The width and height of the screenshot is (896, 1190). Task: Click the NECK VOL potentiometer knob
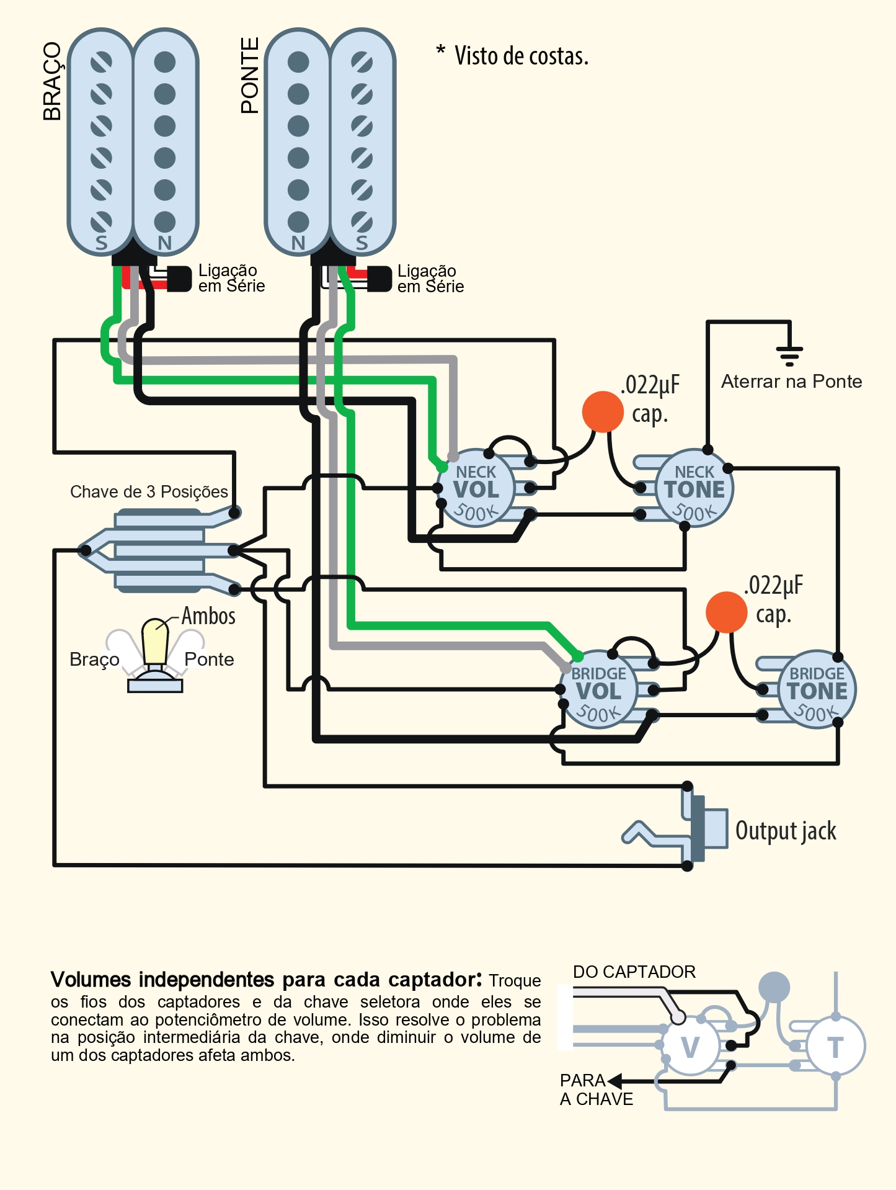point(476,488)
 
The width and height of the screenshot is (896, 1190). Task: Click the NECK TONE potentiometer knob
point(694,488)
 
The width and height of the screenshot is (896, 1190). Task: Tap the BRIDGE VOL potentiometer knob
point(598,689)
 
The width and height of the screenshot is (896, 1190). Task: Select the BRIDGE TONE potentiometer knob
point(817,689)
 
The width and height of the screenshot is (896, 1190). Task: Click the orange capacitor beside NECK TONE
point(603,411)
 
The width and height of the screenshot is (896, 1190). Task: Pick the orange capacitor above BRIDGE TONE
point(726,612)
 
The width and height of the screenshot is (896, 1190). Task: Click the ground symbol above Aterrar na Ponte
point(789,356)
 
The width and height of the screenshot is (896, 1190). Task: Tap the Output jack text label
point(786,831)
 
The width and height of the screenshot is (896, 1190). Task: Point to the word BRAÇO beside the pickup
point(52,81)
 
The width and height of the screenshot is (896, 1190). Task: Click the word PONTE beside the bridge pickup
point(249,76)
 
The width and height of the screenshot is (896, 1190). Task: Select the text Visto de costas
point(521,56)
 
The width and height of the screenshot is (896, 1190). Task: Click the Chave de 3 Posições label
point(149,492)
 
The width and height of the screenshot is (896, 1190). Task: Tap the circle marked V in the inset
point(690,1047)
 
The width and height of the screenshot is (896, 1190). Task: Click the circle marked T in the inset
point(835,1047)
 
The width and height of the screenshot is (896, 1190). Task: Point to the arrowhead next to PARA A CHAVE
point(614,1081)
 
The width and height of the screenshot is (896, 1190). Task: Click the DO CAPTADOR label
point(634,972)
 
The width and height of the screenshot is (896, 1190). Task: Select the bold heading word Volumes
point(91,980)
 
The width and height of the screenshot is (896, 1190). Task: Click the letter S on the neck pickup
point(101,243)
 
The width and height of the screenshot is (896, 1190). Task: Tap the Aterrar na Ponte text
point(792,381)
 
